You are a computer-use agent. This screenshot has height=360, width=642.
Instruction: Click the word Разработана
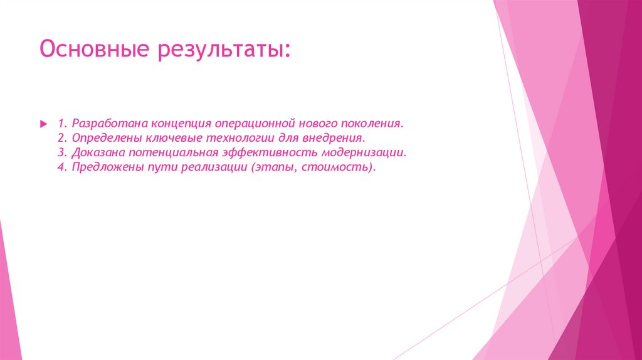click(x=105, y=122)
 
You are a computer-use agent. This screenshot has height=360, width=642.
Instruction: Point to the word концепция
click(x=173, y=122)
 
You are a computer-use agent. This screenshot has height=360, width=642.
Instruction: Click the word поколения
click(x=374, y=122)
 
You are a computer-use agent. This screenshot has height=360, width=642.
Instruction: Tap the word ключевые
click(x=162, y=137)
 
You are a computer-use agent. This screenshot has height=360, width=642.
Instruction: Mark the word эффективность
click(x=266, y=152)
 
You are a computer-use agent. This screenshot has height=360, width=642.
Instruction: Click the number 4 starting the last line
click(x=60, y=167)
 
